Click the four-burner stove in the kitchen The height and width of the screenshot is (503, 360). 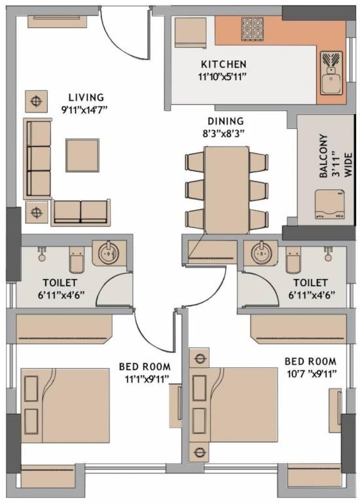click(x=252, y=29)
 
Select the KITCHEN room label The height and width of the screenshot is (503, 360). click(x=224, y=64)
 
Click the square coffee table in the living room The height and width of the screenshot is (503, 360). click(x=82, y=155)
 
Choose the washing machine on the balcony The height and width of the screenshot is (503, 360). click(x=330, y=204)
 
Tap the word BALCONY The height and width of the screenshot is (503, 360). click(x=323, y=156)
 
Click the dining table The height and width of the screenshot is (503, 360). click(x=227, y=190)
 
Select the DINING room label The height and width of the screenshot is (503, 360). click(x=226, y=121)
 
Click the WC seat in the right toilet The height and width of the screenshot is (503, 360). click(x=293, y=261)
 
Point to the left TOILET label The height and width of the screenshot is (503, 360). click(x=60, y=283)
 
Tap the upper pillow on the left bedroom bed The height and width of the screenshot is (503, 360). click(x=31, y=388)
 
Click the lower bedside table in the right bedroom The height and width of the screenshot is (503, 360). click(x=199, y=452)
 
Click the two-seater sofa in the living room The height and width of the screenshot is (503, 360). click(x=81, y=212)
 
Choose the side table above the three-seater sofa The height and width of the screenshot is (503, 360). click(x=36, y=102)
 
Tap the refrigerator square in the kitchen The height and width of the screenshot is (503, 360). click(x=190, y=33)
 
